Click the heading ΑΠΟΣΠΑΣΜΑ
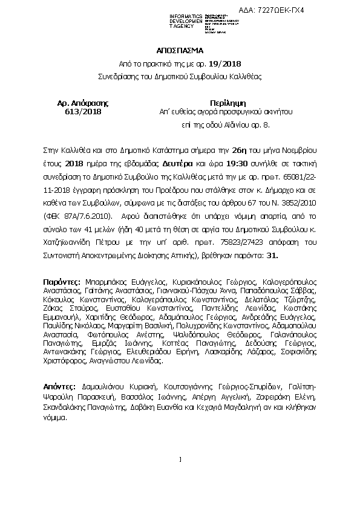[x=179, y=51]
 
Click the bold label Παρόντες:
[x=62, y=282]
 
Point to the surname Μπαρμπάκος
[x=106, y=282]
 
